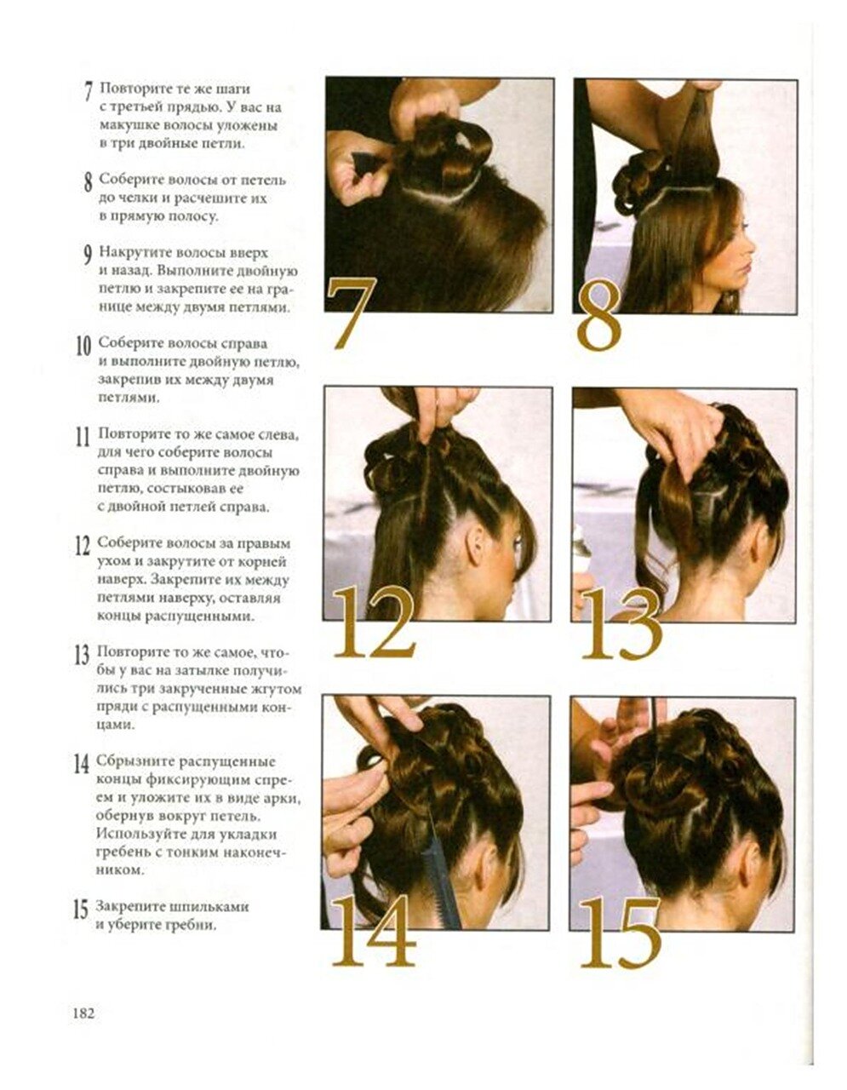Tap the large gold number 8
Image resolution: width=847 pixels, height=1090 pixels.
click(599, 316)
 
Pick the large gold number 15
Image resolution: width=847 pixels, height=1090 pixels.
click(621, 932)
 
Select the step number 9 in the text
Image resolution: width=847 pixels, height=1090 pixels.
click(88, 255)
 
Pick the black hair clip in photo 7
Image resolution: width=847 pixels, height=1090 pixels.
click(369, 163)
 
